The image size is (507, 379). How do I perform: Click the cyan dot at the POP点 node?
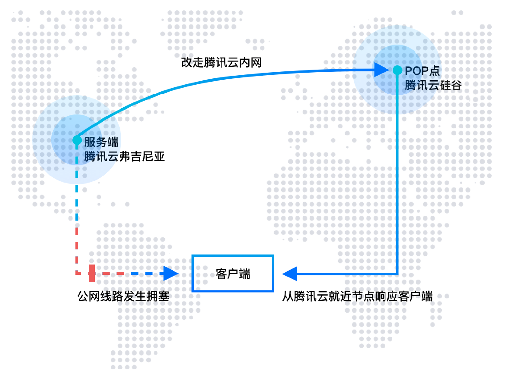(397, 70)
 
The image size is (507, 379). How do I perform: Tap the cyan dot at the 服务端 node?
(77, 140)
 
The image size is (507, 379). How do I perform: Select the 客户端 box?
(233, 274)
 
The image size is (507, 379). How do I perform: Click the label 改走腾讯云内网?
(221, 62)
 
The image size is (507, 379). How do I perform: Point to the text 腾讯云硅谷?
(433, 85)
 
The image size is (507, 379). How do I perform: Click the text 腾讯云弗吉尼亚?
(124, 156)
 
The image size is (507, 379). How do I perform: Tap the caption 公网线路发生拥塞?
(123, 296)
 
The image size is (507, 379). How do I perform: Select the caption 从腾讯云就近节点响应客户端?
(357, 296)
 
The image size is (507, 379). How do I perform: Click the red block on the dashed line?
(92, 274)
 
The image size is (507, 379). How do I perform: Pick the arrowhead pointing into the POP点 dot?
(381, 70)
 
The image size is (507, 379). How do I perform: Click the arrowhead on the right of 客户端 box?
(290, 274)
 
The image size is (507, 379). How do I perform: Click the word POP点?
(422, 70)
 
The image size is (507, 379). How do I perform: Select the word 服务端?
(101, 142)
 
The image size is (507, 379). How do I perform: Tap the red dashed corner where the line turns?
(77, 274)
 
